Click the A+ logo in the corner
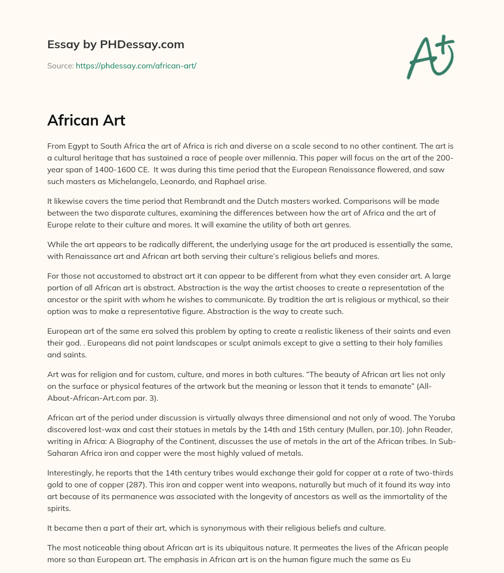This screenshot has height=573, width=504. [431, 57]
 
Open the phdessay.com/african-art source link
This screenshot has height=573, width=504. [136, 65]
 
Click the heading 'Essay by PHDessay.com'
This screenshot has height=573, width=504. [116, 45]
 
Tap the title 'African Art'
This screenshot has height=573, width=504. [86, 121]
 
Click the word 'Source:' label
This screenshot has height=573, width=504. [60, 65]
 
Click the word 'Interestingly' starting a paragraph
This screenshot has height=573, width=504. [70, 473]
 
